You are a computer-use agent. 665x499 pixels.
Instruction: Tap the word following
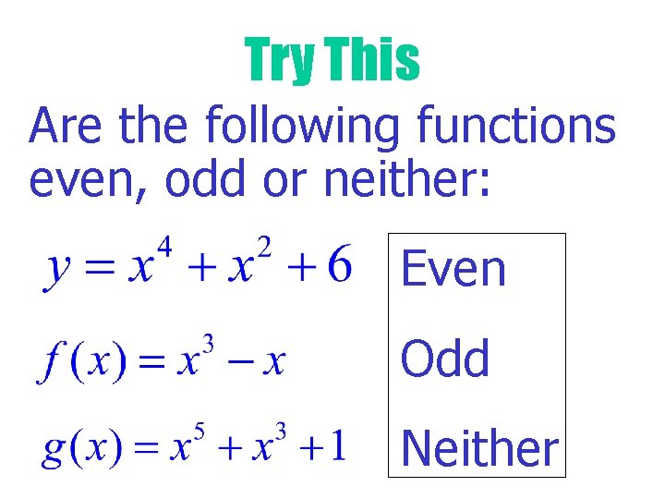point(303,128)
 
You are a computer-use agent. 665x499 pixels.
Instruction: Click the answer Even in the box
point(453,269)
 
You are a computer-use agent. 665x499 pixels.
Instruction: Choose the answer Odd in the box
point(445,358)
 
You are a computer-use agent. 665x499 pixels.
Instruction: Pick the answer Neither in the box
point(480,449)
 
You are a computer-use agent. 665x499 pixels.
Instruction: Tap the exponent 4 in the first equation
point(165,249)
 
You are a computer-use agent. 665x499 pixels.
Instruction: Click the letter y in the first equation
point(57,272)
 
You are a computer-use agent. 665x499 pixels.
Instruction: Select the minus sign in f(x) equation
point(240,361)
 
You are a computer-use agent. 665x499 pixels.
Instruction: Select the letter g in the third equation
point(54,452)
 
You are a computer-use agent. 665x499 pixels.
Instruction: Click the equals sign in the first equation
point(99,269)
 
